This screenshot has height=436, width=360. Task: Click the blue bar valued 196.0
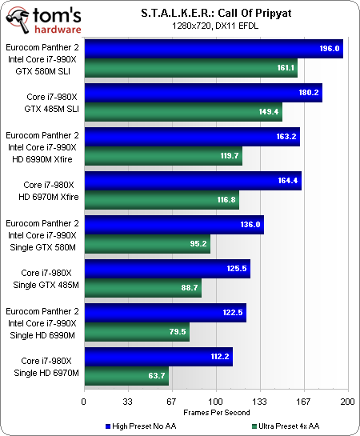pos(213,49)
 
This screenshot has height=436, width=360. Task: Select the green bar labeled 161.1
pos(190,68)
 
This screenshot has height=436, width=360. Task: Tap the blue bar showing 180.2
pos(202,93)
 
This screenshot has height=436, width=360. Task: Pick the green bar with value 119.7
pos(162,156)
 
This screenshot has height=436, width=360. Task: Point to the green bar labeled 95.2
pos(146,244)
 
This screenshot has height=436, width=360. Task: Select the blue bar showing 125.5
pos(166,269)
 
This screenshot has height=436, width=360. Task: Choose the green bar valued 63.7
pos(126,375)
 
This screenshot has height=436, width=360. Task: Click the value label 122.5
pos(232,313)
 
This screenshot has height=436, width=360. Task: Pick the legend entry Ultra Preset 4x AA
pos(292,426)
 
